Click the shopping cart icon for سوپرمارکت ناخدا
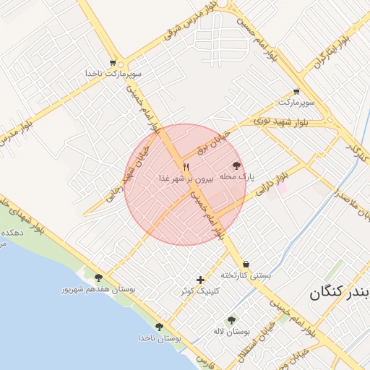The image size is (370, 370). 112,64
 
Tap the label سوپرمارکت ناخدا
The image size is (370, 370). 112,74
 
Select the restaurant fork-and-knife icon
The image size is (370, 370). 186,167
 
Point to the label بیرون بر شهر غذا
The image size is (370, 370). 186,178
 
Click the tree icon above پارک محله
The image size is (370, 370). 236,165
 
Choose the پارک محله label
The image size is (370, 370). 236,176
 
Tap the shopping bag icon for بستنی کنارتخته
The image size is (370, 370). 247,264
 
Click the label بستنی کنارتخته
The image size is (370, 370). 246,275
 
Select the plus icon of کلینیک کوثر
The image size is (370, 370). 200,280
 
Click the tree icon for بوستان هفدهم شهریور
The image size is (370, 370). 98,277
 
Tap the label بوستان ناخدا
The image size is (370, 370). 159,337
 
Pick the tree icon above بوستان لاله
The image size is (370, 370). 231,320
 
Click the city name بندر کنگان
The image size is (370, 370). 340,293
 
